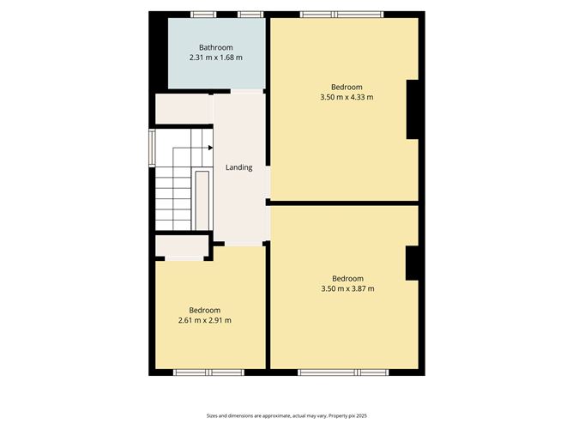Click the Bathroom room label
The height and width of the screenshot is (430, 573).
215,47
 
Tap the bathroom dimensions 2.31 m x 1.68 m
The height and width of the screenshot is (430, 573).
215,58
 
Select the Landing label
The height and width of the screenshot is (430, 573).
239,167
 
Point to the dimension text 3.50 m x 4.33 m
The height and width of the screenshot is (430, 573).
347,97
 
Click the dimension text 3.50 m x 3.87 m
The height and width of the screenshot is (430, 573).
347,288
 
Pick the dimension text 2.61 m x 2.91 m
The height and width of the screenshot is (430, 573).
205,320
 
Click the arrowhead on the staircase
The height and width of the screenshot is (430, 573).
210,148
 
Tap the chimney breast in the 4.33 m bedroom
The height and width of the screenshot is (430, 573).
413,109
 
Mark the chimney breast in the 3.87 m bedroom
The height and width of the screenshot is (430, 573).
412,263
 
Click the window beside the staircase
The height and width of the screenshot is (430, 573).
152,148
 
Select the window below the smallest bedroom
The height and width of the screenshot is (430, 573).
208,372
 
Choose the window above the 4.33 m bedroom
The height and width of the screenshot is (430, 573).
342,15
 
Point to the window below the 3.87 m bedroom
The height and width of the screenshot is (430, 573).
343,372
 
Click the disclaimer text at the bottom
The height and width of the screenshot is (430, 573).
286,415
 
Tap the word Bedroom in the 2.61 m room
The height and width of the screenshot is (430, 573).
205,311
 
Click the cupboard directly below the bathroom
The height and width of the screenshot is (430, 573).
184,109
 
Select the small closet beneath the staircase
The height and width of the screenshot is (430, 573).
182,245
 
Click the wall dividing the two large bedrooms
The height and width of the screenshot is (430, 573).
344,203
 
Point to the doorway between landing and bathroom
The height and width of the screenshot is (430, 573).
247,91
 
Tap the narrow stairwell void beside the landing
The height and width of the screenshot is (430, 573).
202,200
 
